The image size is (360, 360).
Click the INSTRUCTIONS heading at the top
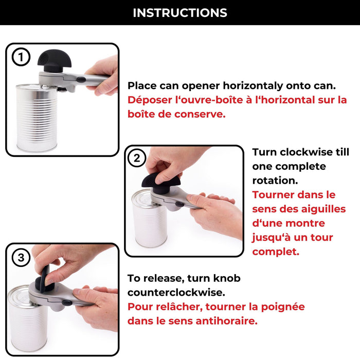tap(180, 12)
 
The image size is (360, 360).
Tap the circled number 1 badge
tap(21, 58)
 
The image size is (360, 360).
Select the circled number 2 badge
tap(137, 158)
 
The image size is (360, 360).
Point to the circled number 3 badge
tap(21, 258)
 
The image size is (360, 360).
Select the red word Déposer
tap(150, 100)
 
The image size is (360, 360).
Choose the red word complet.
tap(275, 252)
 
